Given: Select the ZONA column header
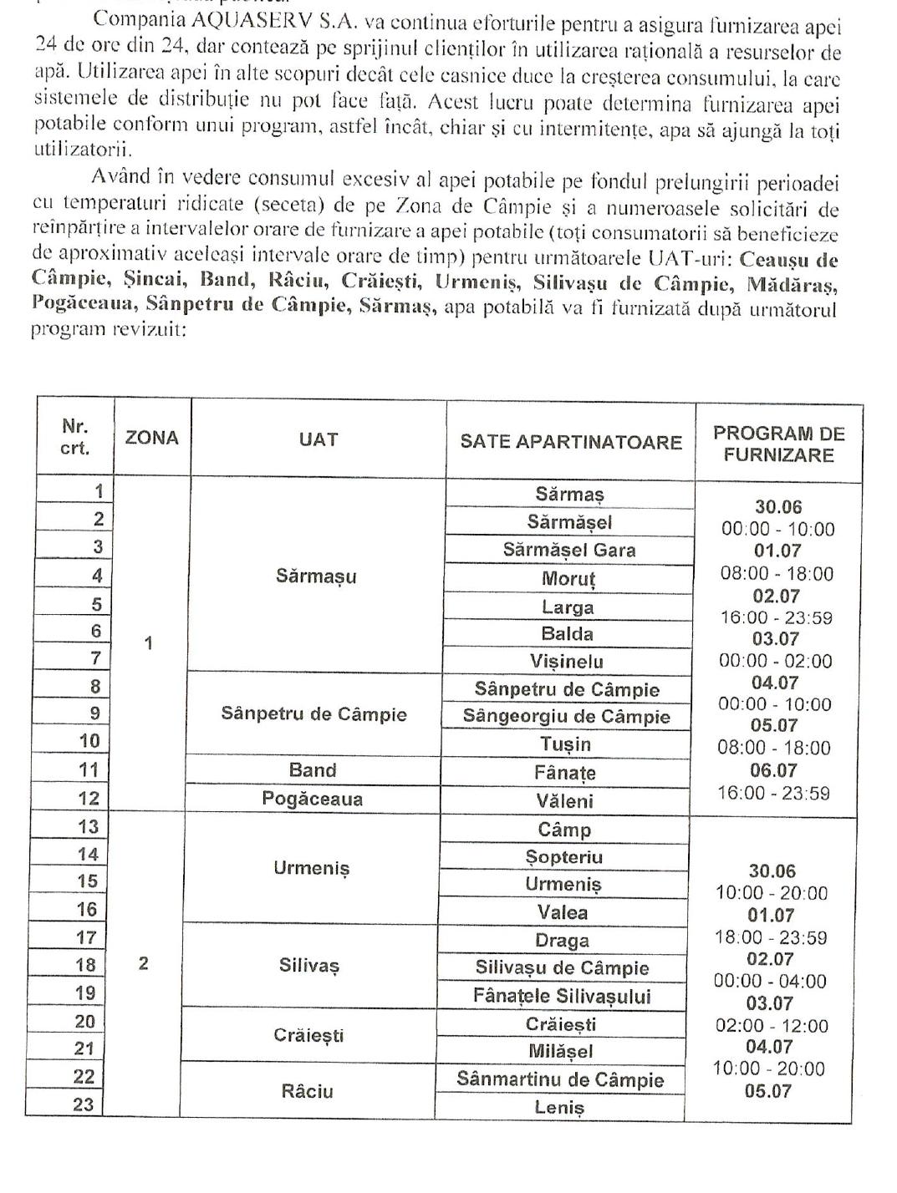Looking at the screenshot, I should pyautogui.click(x=152, y=438).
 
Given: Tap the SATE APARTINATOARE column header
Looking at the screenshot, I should pyautogui.click(x=571, y=442).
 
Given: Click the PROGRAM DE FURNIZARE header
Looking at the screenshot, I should pyautogui.click(x=778, y=444).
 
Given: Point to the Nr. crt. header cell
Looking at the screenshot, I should pyautogui.click(x=75, y=437).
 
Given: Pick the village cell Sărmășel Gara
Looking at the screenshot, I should pyautogui.click(x=568, y=550).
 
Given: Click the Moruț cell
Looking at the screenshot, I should pyautogui.click(x=568, y=578).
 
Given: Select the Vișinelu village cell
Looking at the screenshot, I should pyautogui.click(x=566, y=662).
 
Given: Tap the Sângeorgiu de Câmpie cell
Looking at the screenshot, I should pyautogui.click(x=566, y=716).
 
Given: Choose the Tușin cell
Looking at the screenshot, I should pyautogui.click(x=565, y=744).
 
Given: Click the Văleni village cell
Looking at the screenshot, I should pyautogui.click(x=564, y=800).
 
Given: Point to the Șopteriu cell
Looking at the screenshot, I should pyautogui.click(x=563, y=856).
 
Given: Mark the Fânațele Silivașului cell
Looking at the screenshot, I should pyautogui.click(x=561, y=996).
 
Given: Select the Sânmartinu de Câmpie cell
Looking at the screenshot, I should pyautogui.click(x=559, y=1079).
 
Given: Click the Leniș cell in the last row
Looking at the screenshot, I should pyautogui.click(x=558, y=1108).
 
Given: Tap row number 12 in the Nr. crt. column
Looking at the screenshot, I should pyautogui.click(x=88, y=798).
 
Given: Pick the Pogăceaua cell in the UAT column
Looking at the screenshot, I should pyautogui.click(x=312, y=799).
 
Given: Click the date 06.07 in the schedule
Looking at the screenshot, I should pyautogui.click(x=773, y=770).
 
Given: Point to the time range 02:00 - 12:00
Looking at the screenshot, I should pyautogui.click(x=772, y=1025).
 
